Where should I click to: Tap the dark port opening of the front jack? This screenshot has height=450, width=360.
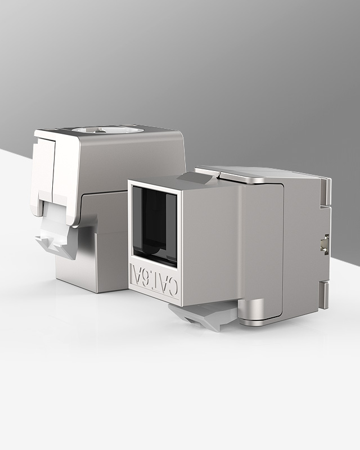tap(155, 226)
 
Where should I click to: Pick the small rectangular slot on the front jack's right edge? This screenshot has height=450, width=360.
tap(324, 244)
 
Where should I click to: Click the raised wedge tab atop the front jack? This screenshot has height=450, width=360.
tap(196, 178)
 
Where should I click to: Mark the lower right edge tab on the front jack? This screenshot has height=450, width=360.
tap(324, 294)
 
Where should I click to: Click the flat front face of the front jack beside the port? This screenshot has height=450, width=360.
tap(208, 242)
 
